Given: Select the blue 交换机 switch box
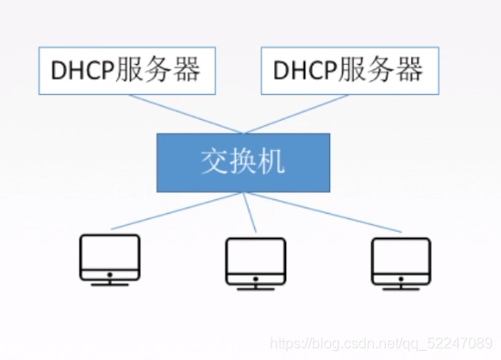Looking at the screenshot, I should (x=243, y=163).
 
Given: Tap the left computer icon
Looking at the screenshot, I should (x=110, y=259).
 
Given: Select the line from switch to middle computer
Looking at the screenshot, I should (x=250, y=216).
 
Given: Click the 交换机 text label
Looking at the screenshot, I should (x=243, y=163).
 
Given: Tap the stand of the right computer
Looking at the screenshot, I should (x=400, y=283).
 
